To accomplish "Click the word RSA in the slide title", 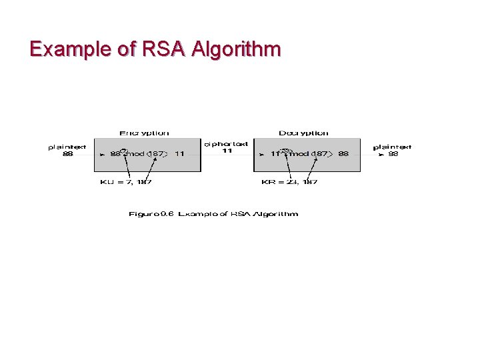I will [x=157, y=49].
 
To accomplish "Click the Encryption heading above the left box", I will [x=144, y=133].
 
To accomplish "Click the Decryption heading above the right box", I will [x=303, y=133].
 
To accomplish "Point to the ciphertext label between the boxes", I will [x=226, y=144].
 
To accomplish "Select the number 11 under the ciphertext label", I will [x=227, y=151].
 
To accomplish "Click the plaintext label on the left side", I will [x=67, y=147].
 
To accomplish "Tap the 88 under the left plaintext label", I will [x=67, y=154].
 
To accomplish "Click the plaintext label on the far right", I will [x=392, y=147].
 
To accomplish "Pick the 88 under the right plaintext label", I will [x=393, y=154].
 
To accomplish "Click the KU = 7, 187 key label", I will [x=125, y=182].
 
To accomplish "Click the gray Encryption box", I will [x=147, y=164].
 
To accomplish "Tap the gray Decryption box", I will [x=307, y=164].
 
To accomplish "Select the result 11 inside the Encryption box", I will [x=179, y=154].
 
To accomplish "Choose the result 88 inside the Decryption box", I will [x=343, y=154].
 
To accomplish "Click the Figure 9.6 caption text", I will [x=213, y=214].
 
